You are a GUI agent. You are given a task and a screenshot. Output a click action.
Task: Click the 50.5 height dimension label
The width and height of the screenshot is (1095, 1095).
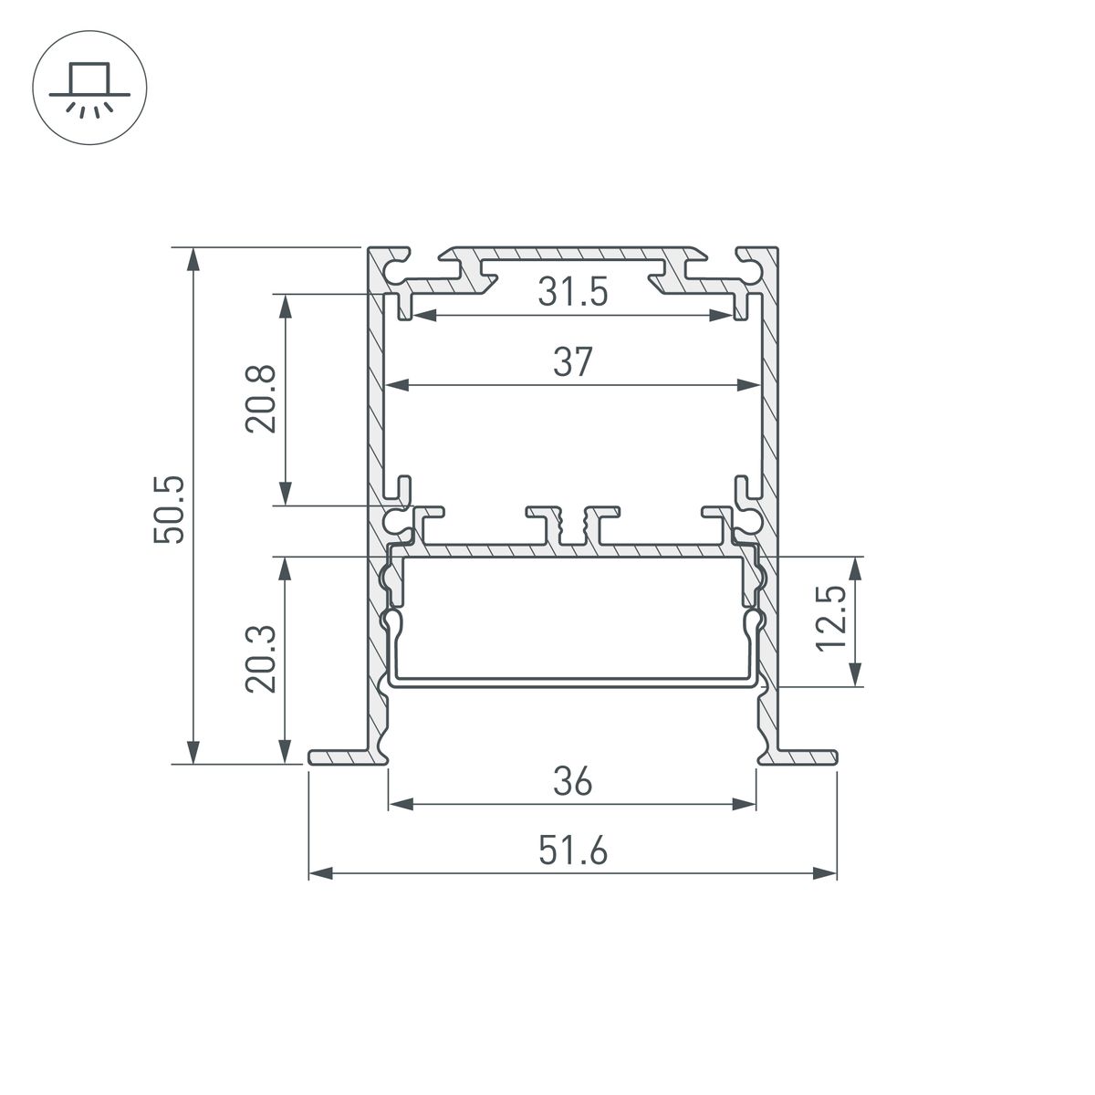point(170,508)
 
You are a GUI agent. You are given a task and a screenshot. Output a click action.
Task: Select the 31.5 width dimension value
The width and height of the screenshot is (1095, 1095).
point(572,293)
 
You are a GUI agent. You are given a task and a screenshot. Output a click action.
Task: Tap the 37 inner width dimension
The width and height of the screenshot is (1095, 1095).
point(572,362)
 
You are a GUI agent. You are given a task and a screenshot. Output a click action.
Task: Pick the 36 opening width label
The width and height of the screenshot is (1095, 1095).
point(572,782)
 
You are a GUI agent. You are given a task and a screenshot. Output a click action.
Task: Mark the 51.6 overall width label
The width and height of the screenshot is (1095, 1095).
point(572,851)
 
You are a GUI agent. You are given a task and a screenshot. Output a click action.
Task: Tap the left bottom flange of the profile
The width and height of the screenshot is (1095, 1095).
point(342,757)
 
